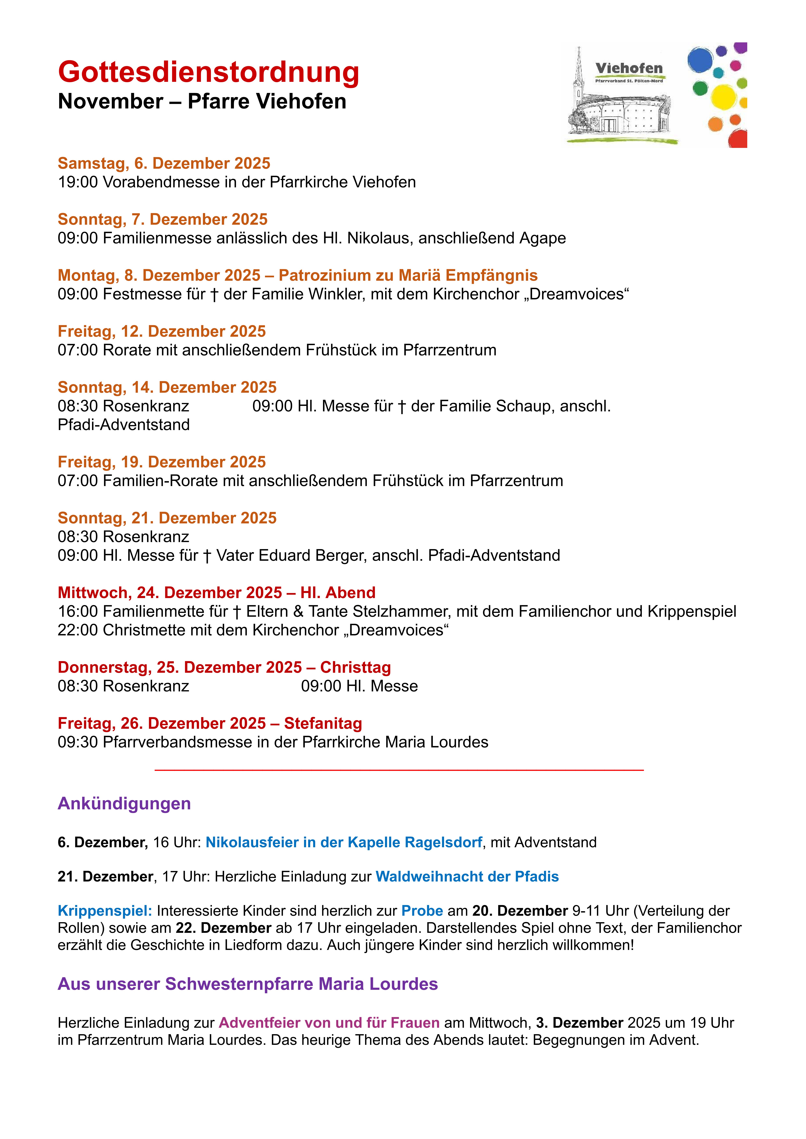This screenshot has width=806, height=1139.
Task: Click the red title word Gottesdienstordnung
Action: (x=208, y=72)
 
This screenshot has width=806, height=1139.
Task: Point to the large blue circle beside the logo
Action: (x=700, y=60)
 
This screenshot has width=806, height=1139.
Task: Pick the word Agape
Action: (x=542, y=238)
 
